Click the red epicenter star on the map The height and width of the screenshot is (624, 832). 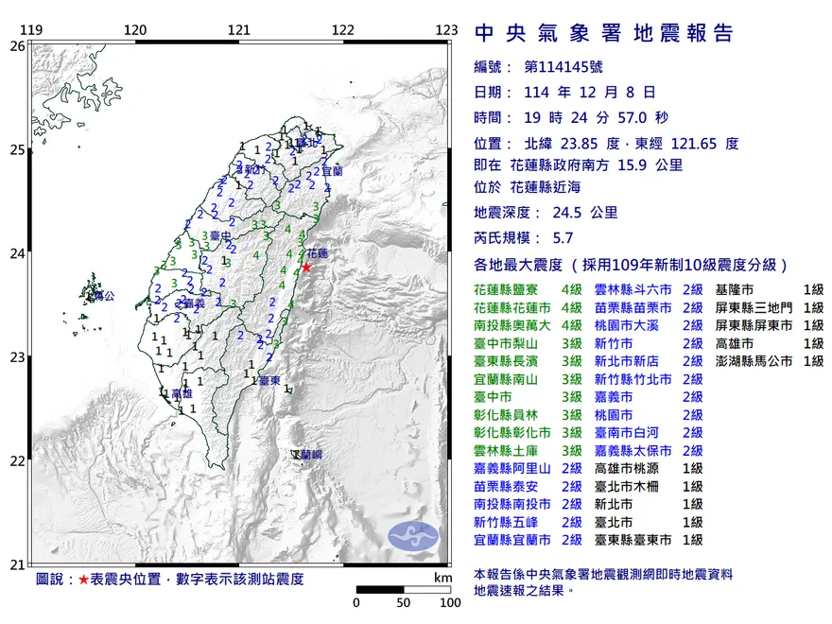click(x=305, y=267)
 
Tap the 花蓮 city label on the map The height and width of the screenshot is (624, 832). click(x=318, y=254)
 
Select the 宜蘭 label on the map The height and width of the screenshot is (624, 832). click(x=331, y=172)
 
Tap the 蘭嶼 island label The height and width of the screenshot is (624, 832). click(x=307, y=456)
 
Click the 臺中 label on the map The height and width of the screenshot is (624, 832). click(x=220, y=234)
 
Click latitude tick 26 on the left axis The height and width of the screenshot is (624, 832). click(x=17, y=45)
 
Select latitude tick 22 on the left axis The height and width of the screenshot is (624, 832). click(x=17, y=461)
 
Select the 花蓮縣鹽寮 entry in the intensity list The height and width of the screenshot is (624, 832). click(x=511, y=289)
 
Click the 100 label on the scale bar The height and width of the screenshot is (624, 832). click(x=449, y=602)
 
